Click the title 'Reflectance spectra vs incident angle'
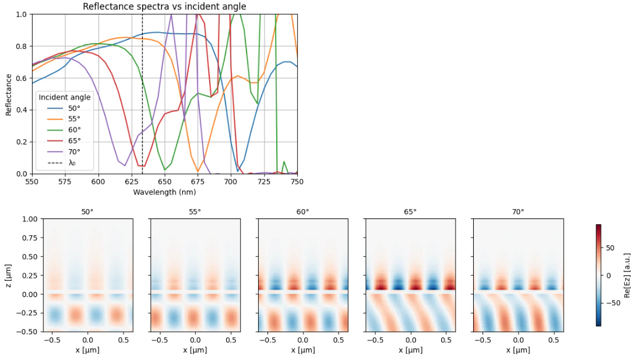coord(164,6)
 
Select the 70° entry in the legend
coord(64,152)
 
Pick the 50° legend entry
coord(64,108)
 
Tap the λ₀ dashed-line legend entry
coord(61,163)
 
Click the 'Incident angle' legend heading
coord(65,97)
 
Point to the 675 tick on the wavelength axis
coord(198,181)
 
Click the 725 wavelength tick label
coord(264,181)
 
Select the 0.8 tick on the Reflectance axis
coord(22,47)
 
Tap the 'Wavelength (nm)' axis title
coord(164,192)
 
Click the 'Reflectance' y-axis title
coord(9,95)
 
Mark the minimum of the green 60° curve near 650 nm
coord(164,170)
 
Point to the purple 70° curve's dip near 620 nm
coord(125,165)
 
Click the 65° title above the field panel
coord(410,211)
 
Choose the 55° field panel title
coord(195,211)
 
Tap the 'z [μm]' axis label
coord(8,276)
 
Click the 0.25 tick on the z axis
coord(30,276)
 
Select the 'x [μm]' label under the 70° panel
coord(519,350)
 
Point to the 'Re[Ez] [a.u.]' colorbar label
coord(627,276)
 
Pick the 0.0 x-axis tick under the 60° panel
coord(303,340)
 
